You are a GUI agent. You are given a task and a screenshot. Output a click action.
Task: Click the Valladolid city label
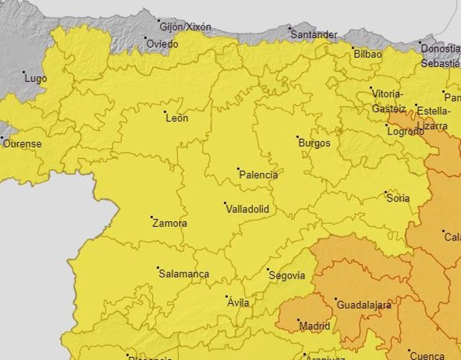(x=247, y=209)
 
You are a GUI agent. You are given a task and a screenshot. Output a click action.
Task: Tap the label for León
(x=176, y=118)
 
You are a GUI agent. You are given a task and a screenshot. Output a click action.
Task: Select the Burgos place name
(x=314, y=143)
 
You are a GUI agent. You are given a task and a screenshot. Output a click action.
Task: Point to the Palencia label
(x=258, y=174)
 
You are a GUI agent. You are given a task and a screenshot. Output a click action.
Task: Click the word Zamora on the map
(x=170, y=223)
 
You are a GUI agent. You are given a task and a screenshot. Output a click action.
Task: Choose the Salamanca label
(x=184, y=274)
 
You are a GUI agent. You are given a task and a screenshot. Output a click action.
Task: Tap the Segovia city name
(x=286, y=275)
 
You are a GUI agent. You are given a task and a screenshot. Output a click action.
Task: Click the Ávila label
(x=238, y=302)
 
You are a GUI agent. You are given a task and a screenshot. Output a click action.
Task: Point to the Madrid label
(x=314, y=326)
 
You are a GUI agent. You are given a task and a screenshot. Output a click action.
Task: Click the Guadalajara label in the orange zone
(x=364, y=305)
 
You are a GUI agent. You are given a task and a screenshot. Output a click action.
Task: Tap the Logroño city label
(x=406, y=131)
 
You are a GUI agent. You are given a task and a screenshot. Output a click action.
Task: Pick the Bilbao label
(x=367, y=54)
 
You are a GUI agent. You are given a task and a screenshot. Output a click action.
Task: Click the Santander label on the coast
(x=313, y=35)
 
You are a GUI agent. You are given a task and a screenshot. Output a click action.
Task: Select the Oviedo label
(x=162, y=43)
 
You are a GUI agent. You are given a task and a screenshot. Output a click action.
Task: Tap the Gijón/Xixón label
(x=186, y=27)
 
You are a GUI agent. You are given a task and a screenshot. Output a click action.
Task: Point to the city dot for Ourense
(x=1, y=138)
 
